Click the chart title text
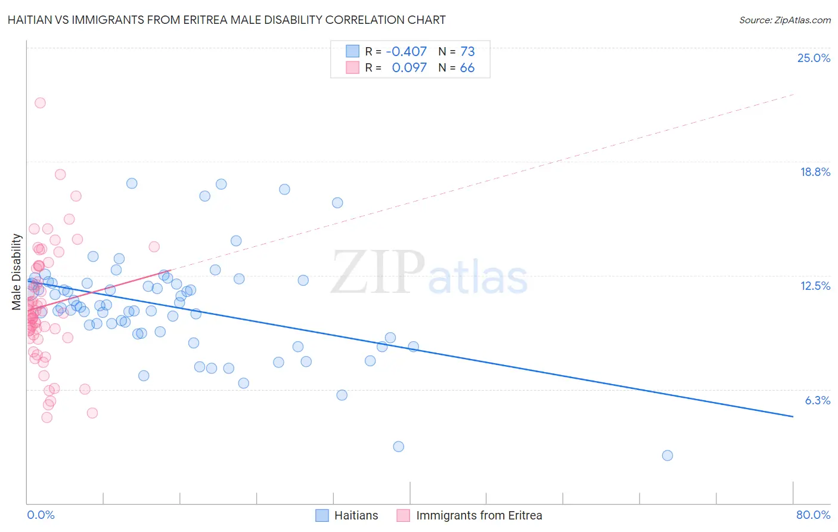pyautogui.click(x=226, y=20)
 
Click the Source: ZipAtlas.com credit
pyautogui.click(x=784, y=20)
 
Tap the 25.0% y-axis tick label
pyautogui.click(x=814, y=58)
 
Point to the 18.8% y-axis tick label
pyautogui.click(x=815, y=172)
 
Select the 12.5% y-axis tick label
pyautogui.click(x=815, y=286)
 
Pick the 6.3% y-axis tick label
pyautogui.click(x=817, y=400)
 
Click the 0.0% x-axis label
pyautogui.click(x=41, y=515)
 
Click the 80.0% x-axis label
pyautogui.click(x=813, y=515)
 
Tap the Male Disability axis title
pyautogui.click(x=17, y=272)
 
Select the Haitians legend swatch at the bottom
pyautogui.click(x=322, y=515)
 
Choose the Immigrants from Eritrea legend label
pyautogui.click(x=479, y=515)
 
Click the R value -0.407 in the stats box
pyautogui.click(x=406, y=51)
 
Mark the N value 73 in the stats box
pyautogui.click(x=467, y=51)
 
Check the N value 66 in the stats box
pyautogui.click(x=467, y=68)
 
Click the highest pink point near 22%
pyautogui.click(x=40, y=103)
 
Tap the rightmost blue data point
pyautogui.click(x=668, y=455)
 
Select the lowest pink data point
pyautogui.click(x=47, y=417)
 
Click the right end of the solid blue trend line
pyautogui.click(x=793, y=416)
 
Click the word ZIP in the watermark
pyautogui.click(x=378, y=273)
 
